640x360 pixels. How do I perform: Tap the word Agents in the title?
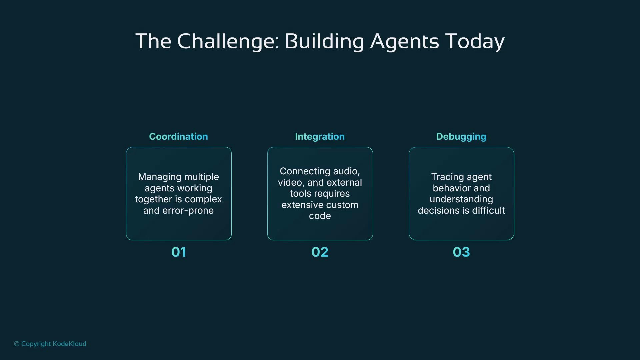[x=405, y=42]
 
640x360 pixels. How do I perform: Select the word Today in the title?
[x=475, y=42]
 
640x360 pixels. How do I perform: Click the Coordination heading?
[x=178, y=137]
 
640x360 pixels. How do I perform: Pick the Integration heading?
[x=320, y=137]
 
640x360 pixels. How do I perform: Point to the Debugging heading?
[x=461, y=137]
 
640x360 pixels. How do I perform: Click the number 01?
[x=179, y=252]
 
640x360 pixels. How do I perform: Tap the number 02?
[x=320, y=252]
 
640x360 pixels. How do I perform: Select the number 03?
[x=461, y=252]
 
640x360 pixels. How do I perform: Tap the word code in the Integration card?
[x=320, y=216]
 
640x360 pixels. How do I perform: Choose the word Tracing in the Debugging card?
[x=445, y=177]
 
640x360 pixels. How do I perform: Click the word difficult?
[x=488, y=211]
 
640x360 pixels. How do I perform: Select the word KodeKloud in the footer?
[x=69, y=344]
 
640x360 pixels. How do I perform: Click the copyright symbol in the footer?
[x=17, y=344]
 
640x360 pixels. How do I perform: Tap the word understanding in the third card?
[x=461, y=199]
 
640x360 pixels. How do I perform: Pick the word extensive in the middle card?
[x=300, y=205]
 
